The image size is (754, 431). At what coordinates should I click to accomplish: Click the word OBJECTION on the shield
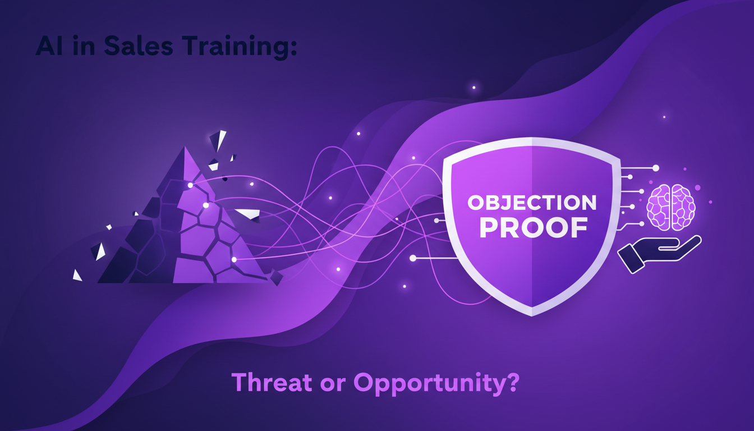click(x=532, y=203)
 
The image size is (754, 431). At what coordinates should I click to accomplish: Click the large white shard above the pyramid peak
click(x=218, y=140)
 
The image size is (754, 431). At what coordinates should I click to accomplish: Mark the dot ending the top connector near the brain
click(x=655, y=168)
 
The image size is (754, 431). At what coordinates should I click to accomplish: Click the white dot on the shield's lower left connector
click(x=413, y=258)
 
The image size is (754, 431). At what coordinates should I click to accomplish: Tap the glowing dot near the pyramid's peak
click(x=191, y=185)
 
